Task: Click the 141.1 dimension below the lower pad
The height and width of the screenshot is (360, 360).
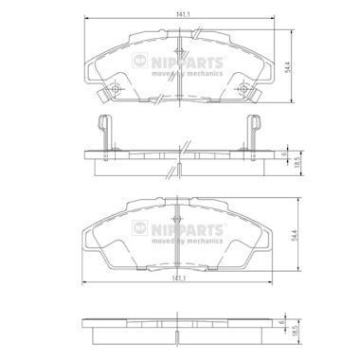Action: pos(178,279)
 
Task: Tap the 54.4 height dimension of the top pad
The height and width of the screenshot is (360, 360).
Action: pos(287,67)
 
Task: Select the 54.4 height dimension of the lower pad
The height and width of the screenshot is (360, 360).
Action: pos(295,235)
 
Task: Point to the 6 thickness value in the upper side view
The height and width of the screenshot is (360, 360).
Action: pos(283,154)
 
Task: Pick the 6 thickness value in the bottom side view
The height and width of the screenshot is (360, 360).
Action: pos(282,322)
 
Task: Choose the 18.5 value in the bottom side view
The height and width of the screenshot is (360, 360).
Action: pos(296,332)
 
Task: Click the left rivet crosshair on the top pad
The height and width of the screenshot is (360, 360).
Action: pos(116,89)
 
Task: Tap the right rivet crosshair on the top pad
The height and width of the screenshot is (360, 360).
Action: pos(243,89)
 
